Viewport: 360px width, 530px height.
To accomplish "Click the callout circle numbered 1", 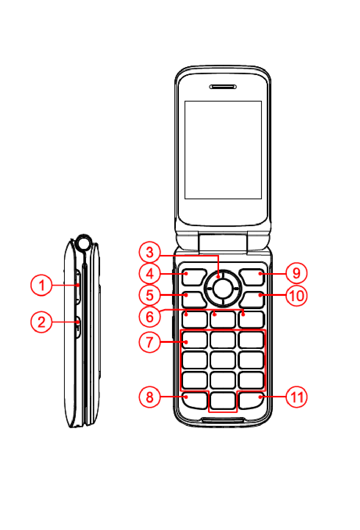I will click(41, 285).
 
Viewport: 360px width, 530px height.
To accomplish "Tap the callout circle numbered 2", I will click(41, 322).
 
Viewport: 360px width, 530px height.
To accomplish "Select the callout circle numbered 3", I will click(150, 252).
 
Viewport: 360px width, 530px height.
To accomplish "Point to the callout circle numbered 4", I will click(150, 274).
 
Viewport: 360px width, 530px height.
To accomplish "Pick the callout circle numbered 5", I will click(150, 295).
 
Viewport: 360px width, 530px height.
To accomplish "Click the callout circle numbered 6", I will click(150, 317).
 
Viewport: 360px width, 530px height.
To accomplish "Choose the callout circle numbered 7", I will click(150, 342).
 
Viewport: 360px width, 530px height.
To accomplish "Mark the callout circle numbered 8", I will click(150, 397).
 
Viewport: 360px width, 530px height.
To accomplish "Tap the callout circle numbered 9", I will click(296, 273).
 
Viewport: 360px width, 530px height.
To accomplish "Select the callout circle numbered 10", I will click(296, 295).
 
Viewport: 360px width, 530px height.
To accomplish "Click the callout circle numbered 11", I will click(296, 397).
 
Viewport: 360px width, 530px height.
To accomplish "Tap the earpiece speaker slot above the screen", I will click(223, 87).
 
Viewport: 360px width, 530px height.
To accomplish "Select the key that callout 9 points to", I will click(252, 277).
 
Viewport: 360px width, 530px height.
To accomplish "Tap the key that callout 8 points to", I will click(195, 400).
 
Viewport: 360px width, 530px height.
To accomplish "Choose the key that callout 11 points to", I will click(251, 400).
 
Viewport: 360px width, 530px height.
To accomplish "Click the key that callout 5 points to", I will click(194, 299).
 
